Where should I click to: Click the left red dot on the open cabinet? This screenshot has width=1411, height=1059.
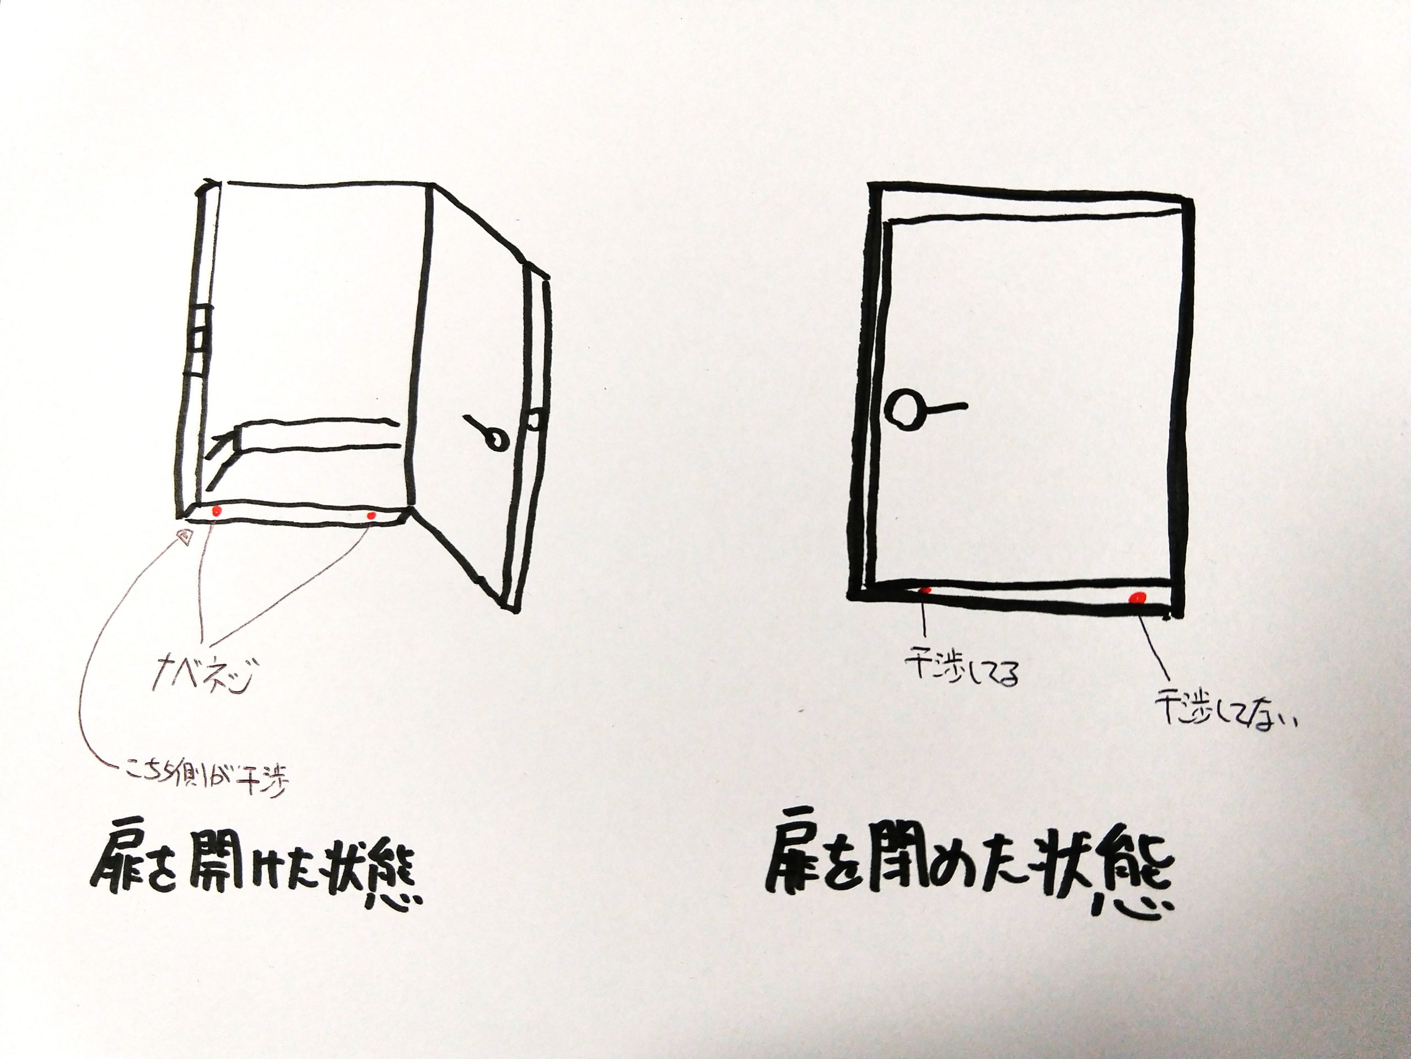point(217,511)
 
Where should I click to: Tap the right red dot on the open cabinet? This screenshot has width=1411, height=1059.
point(372,515)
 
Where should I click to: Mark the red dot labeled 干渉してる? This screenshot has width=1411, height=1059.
point(926,591)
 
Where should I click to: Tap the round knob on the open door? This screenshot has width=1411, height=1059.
point(493,441)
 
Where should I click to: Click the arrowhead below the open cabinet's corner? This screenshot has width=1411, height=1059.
point(185,537)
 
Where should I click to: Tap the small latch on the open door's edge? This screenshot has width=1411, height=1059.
point(535,421)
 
